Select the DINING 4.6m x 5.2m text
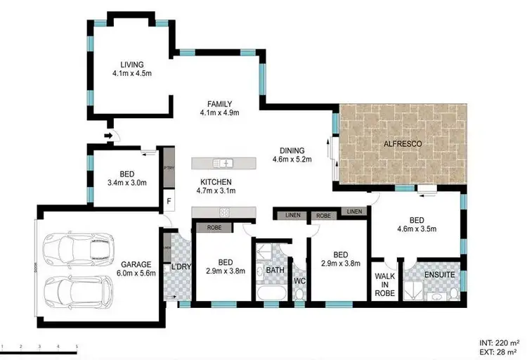click(x=292, y=155)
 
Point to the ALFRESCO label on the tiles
click(x=403, y=144)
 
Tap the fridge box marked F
click(x=169, y=200)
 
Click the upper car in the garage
click(x=77, y=247)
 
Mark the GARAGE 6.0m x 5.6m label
click(x=136, y=270)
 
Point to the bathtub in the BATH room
click(x=270, y=294)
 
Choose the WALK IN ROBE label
click(x=385, y=283)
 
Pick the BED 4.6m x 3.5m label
click(x=417, y=224)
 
